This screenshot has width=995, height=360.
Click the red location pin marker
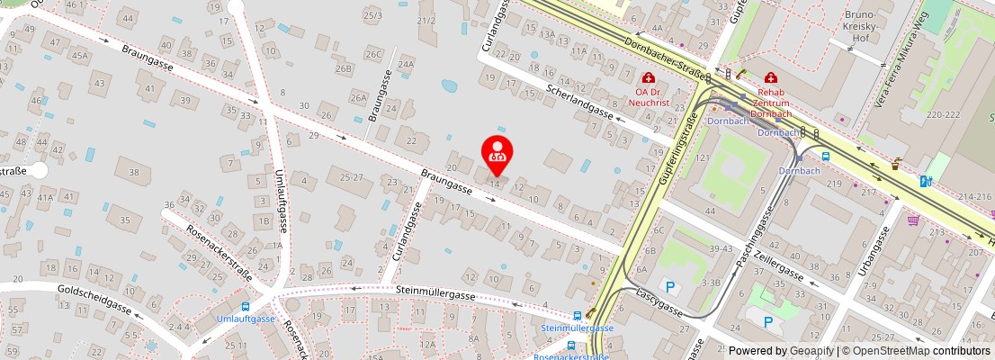pyautogui.click(x=497, y=154)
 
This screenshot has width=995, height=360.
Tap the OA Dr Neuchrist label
pyautogui.click(x=652, y=96)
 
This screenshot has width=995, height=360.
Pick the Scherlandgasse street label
pyautogui.click(x=579, y=103)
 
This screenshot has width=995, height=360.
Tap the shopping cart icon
pyautogui.click(x=914, y=220)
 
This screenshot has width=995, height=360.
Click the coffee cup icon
pyautogui.click(x=896, y=165)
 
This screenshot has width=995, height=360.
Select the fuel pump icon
pyautogui.click(x=925, y=181)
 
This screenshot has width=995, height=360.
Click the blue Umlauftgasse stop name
pyautogui.click(x=246, y=319)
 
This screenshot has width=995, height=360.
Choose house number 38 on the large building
pyautogui.click(x=133, y=172)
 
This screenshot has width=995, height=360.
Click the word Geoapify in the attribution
pyautogui.click(x=811, y=351)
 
